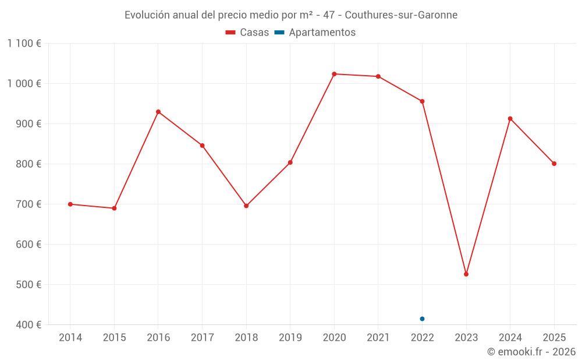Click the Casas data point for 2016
coord(158,112)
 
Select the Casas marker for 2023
coord(466,274)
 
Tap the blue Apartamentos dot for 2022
coord(422,319)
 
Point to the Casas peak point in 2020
coord(334,74)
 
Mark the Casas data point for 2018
coord(246,206)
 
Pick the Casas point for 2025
coord(554,164)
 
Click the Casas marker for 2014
coord(70,204)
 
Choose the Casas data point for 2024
coord(510,119)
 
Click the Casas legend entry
coord(247,33)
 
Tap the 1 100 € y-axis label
coord(24,44)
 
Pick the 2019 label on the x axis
coord(290,338)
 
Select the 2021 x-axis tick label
coord(378,338)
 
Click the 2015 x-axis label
coord(114,338)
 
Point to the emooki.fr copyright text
coord(531,352)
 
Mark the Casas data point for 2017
coord(202,146)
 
